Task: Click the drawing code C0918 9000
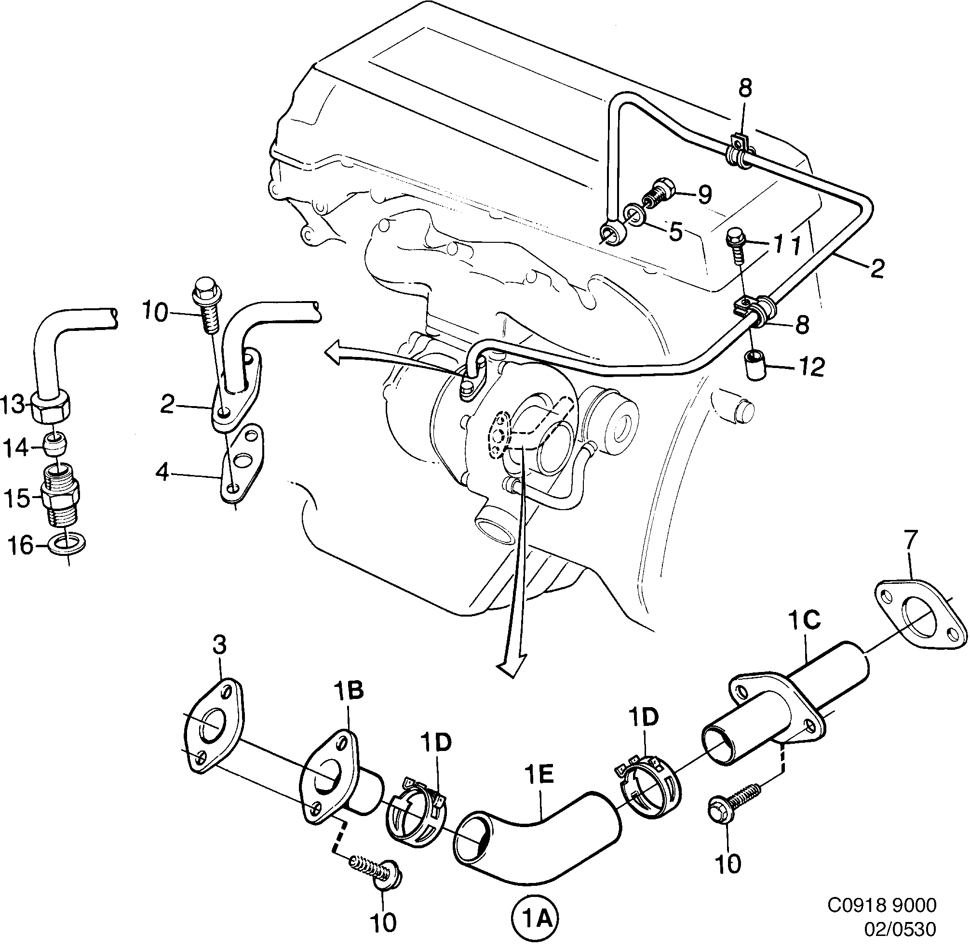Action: (882, 905)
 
